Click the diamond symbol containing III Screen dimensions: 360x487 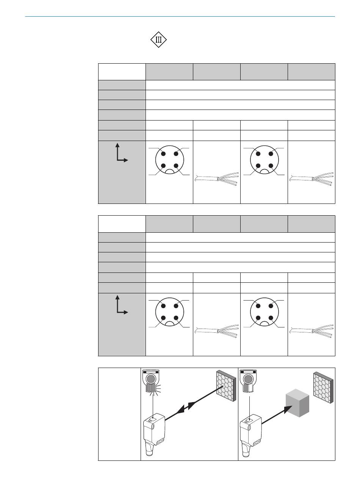[x=158, y=40]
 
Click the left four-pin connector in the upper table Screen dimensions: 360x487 [x=169, y=160]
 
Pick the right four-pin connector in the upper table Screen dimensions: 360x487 [x=264, y=160]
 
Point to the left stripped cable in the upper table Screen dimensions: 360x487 [x=217, y=179]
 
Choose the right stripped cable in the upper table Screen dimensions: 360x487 [x=311, y=179]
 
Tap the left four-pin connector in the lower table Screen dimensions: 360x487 [x=169, y=312]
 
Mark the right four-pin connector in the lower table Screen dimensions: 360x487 [x=264, y=312]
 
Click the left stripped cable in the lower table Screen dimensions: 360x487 [x=217, y=331]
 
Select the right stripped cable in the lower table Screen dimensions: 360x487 [x=311, y=331]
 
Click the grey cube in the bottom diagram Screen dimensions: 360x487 [x=297, y=403]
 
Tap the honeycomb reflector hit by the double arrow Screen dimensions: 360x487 [x=226, y=386]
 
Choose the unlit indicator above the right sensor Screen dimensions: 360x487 [x=248, y=381]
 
